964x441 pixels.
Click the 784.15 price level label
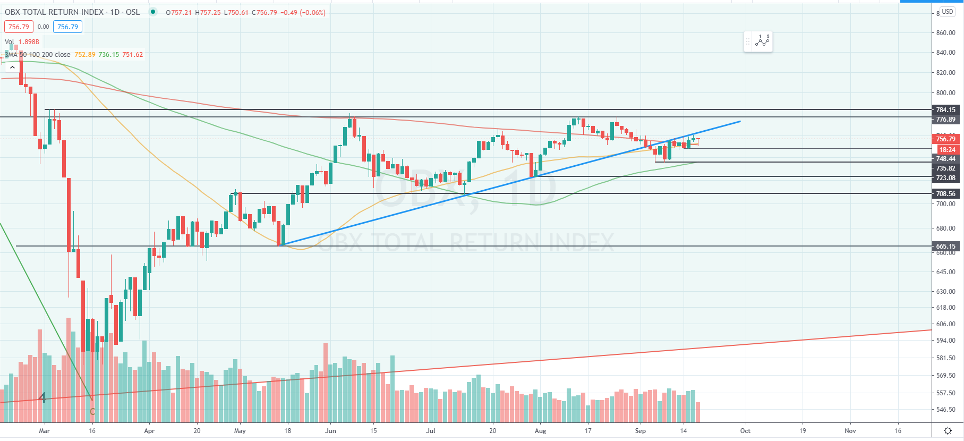coord(945,110)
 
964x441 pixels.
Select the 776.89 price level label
coord(945,120)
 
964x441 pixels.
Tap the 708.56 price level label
coord(945,194)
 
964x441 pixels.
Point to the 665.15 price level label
coord(945,247)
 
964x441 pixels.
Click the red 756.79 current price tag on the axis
coord(945,139)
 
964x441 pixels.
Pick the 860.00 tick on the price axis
coord(945,33)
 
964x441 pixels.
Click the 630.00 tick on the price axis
coord(945,292)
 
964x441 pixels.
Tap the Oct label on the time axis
coord(745,431)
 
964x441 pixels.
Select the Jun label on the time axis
coord(330,431)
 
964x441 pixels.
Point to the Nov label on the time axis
coord(850,431)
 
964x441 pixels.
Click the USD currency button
coord(948,12)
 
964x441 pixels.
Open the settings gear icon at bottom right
coord(948,430)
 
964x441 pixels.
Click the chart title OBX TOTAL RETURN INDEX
coord(54,12)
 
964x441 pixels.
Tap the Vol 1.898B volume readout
coord(22,42)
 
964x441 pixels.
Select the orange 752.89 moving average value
coord(85,55)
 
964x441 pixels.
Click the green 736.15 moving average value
coord(108,55)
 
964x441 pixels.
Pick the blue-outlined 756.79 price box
coord(67,27)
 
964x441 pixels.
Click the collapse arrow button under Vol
coord(12,67)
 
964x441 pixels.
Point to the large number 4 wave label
coord(42,397)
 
